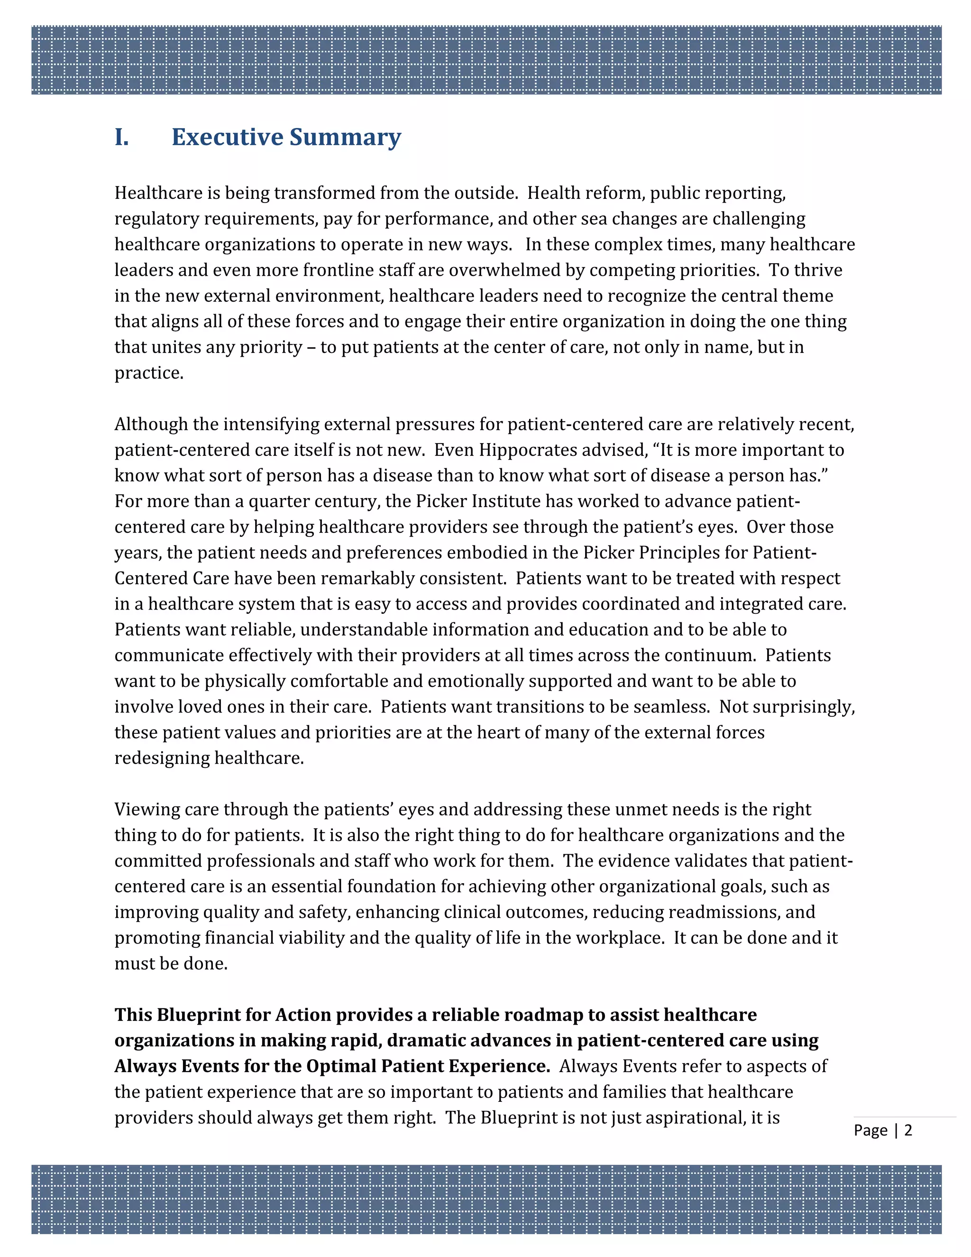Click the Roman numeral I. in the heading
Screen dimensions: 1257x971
tap(121, 137)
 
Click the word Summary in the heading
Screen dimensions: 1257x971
tap(345, 137)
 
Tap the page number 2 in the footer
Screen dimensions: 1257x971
tap(908, 1130)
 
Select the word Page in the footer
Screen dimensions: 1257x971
tap(870, 1130)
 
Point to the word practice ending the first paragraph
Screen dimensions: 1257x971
tap(148, 373)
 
